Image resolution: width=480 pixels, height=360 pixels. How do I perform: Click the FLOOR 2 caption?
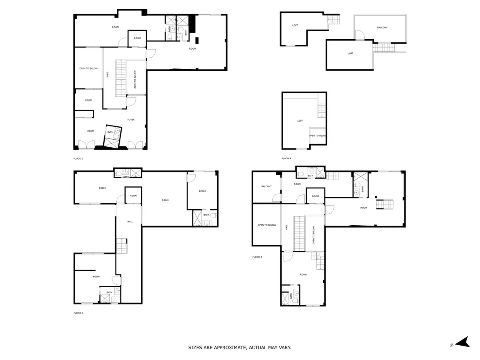pyautogui.click(x=78, y=158)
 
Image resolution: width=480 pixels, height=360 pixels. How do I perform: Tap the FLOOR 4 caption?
pyautogui.click(x=286, y=158)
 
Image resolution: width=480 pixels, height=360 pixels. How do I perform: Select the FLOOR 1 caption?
pyautogui.click(x=78, y=313)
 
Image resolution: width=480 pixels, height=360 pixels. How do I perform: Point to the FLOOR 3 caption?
pyautogui.click(x=257, y=257)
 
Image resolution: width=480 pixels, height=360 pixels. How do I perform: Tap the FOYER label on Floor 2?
pyautogui.click(x=131, y=120)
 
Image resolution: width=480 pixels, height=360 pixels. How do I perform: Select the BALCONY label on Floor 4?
pyautogui.click(x=382, y=28)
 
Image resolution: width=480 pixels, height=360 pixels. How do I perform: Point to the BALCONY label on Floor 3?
pyautogui.click(x=266, y=186)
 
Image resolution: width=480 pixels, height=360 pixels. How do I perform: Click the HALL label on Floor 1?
pyautogui.click(x=130, y=222)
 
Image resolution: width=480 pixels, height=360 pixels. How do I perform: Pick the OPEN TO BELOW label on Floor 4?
pyautogui.click(x=317, y=136)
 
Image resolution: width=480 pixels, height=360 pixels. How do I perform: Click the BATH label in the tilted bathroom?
pyautogui.click(x=110, y=132)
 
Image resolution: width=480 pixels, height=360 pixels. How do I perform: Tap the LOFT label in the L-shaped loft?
pyautogui.click(x=295, y=25)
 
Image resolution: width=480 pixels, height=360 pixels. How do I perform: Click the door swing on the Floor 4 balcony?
pyautogui.click(x=360, y=35)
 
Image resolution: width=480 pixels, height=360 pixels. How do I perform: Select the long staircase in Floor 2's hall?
pyautogui.click(x=121, y=78)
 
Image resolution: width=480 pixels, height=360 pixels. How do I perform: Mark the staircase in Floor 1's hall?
pyautogui.click(x=121, y=246)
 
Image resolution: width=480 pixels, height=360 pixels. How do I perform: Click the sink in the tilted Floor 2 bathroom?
pyautogui.click(x=118, y=131)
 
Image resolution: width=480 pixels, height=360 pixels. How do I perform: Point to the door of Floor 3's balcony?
pyautogui.click(x=277, y=198)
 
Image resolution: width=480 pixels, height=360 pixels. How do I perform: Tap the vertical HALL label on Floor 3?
pyautogui.click(x=286, y=227)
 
